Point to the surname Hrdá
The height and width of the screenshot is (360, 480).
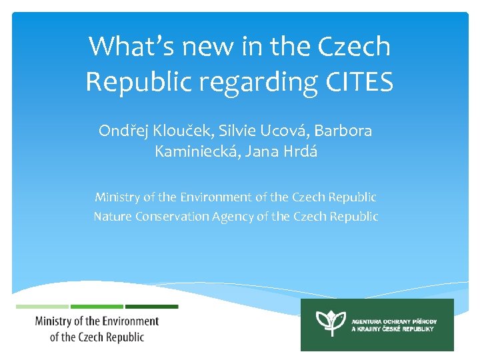tap(301, 151)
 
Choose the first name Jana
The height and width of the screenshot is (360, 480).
tap(261, 151)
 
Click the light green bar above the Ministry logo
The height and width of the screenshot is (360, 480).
tap(42, 307)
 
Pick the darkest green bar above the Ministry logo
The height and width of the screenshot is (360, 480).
tap(152, 307)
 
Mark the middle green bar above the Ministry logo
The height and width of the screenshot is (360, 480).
tap(97, 307)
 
